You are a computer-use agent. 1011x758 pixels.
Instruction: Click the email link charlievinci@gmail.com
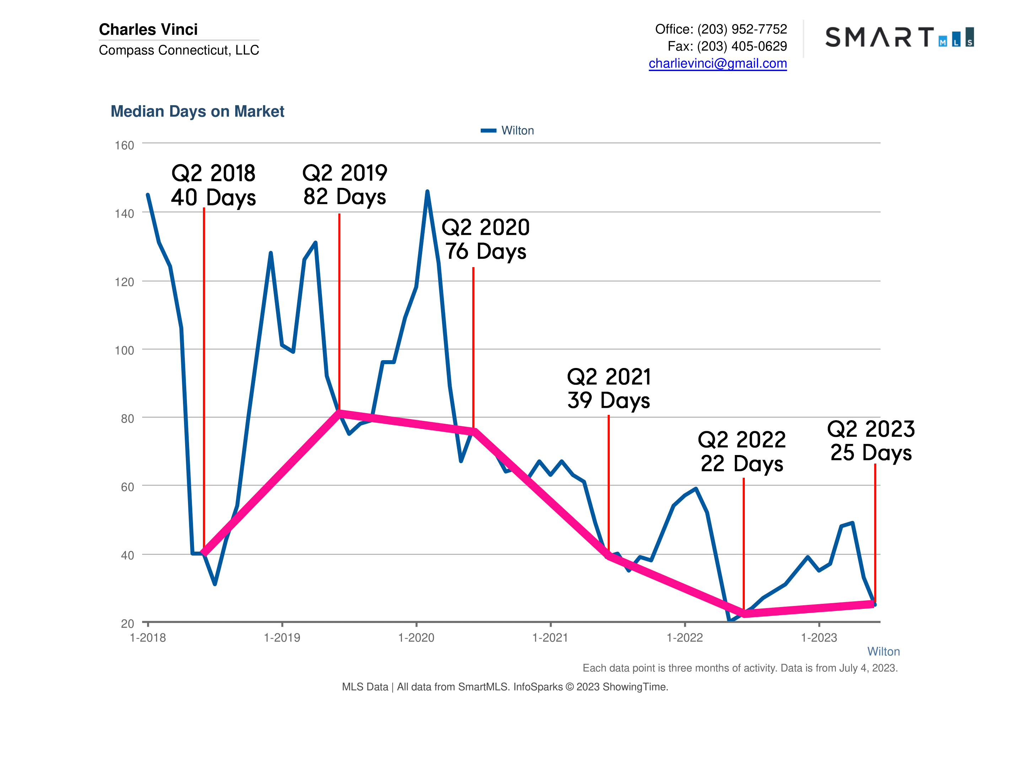[x=717, y=64]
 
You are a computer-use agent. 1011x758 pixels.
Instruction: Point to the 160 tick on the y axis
[x=124, y=145]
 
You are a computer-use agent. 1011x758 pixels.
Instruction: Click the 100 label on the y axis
[x=124, y=351]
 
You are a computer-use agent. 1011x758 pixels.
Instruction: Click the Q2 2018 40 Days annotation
[x=214, y=185]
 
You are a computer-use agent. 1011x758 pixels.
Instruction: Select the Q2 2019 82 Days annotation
[x=345, y=185]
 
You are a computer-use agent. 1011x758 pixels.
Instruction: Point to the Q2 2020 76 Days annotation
[x=485, y=239]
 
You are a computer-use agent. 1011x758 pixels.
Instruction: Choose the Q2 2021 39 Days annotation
[x=609, y=388]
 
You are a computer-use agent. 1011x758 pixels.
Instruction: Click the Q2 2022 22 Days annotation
[x=741, y=451]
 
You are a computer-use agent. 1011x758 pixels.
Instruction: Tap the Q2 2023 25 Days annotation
[x=871, y=441]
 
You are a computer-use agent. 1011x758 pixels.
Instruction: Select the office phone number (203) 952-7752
[x=742, y=29]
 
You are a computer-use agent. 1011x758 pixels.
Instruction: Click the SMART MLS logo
[x=899, y=37]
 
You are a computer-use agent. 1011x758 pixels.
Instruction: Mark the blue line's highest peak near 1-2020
[x=427, y=192]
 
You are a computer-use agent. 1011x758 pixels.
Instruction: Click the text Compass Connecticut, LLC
[x=179, y=50]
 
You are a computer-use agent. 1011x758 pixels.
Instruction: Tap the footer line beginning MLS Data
[x=505, y=687]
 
